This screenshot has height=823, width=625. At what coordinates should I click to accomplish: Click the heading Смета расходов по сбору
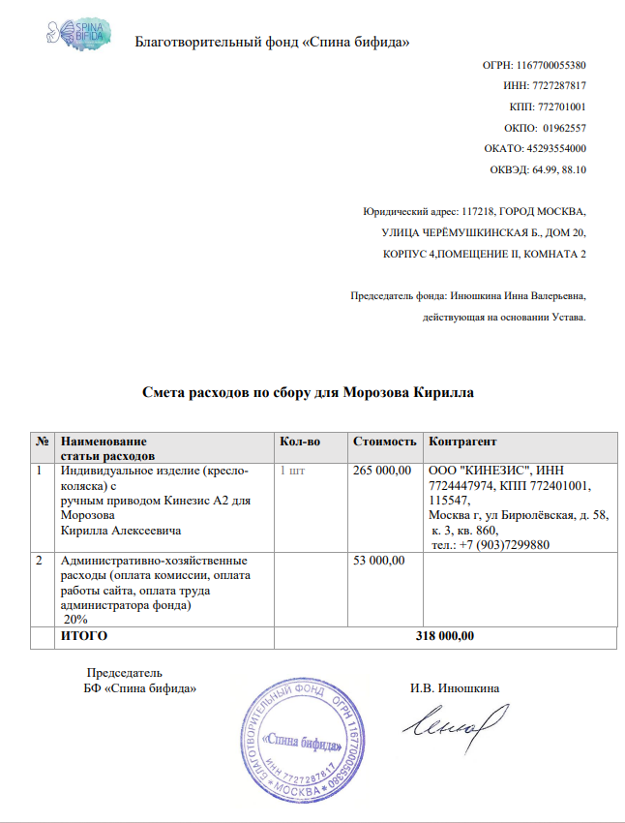(308, 393)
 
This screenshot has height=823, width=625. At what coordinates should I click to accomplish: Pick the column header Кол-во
(299, 442)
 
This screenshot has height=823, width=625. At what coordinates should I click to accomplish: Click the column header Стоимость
(385, 442)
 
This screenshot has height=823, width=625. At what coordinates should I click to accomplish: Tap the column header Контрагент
(462, 442)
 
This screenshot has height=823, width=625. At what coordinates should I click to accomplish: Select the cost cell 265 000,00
(385, 471)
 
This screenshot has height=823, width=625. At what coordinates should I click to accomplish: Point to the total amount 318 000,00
(445, 636)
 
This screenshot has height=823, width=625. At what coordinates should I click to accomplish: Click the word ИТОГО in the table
(84, 636)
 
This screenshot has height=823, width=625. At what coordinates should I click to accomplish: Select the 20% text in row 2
(74, 618)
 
